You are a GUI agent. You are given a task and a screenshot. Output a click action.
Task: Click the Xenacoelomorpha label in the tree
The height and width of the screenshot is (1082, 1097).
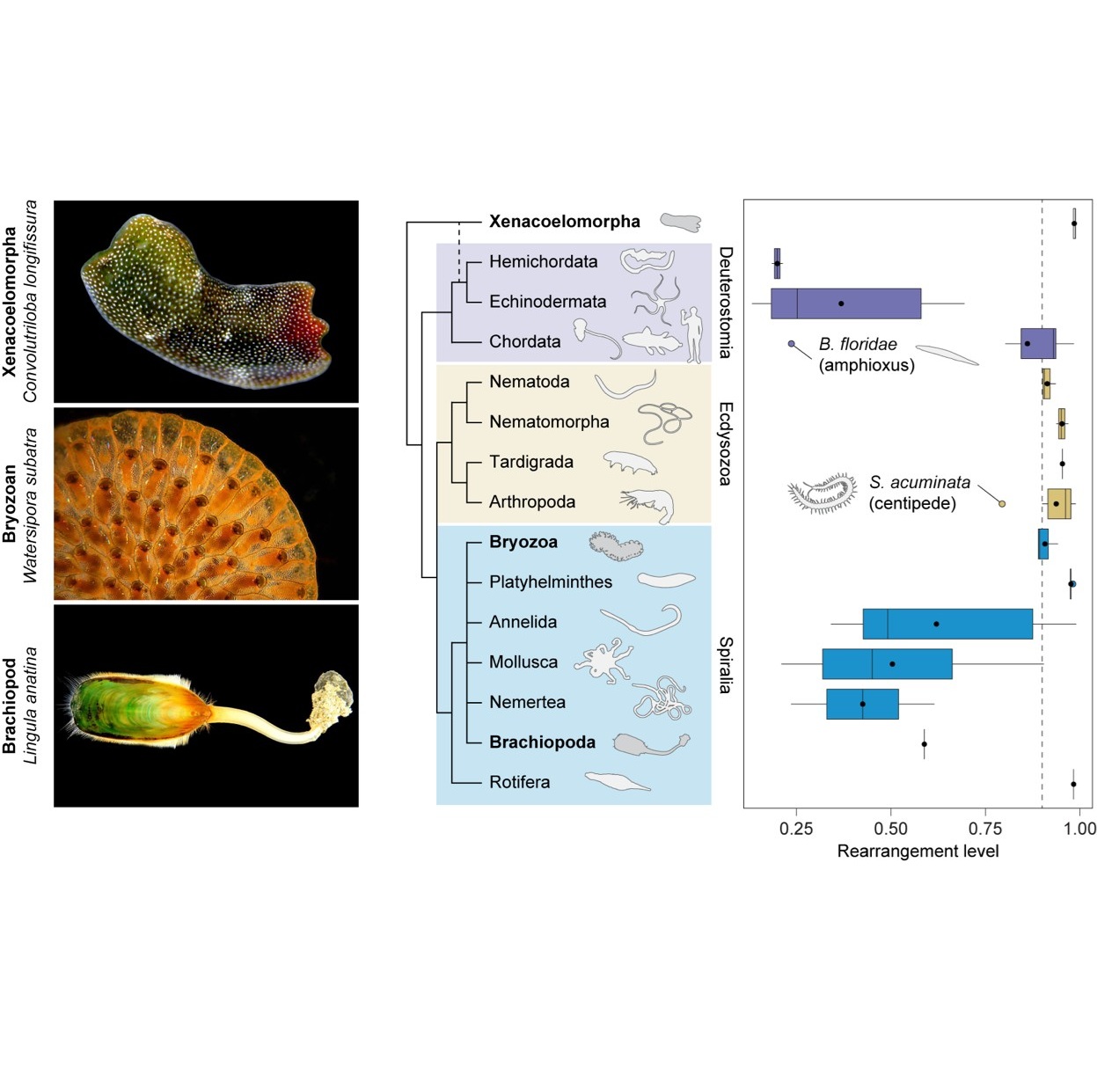pyautogui.click(x=564, y=222)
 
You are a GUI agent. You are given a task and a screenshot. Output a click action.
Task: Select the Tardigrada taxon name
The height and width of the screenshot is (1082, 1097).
pyautogui.click(x=530, y=462)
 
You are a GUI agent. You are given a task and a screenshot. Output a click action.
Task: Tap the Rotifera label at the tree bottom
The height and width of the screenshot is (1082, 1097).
pyautogui.click(x=519, y=782)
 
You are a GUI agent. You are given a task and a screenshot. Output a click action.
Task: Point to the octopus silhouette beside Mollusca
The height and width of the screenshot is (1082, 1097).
pyautogui.click(x=603, y=660)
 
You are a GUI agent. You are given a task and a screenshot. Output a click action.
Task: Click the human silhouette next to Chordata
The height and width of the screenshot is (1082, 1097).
pyautogui.click(x=694, y=334)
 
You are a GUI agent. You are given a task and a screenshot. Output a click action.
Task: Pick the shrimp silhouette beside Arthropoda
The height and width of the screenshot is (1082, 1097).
pyautogui.click(x=648, y=505)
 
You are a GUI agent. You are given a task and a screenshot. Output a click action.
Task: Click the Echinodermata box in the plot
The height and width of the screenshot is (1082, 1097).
pyautogui.click(x=845, y=303)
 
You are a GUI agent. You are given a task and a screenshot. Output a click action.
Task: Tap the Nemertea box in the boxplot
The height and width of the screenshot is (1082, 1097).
pyautogui.click(x=862, y=704)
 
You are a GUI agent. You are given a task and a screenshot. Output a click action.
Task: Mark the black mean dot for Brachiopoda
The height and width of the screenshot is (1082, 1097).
pyautogui.click(x=924, y=744)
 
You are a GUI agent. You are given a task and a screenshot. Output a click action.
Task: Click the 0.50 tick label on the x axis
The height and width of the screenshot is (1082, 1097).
pyautogui.click(x=890, y=829)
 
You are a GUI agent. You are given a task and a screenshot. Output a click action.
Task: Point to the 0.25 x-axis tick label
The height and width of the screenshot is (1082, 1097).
pyautogui.click(x=795, y=829)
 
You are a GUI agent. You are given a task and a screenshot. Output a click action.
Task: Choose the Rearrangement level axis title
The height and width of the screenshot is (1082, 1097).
pyautogui.click(x=917, y=852)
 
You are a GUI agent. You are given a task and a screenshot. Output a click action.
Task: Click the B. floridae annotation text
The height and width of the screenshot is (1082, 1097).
pyautogui.click(x=858, y=345)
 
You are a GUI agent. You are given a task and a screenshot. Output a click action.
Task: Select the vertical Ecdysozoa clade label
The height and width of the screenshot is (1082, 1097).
pyautogui.click(x=725, y=443)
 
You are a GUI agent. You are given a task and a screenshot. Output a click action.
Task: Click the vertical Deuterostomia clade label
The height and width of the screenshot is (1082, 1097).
pyautogui.click(x=725, y=302)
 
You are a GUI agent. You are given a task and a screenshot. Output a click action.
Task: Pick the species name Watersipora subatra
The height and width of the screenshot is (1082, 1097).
pyautogui.click(x=31, y=505)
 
